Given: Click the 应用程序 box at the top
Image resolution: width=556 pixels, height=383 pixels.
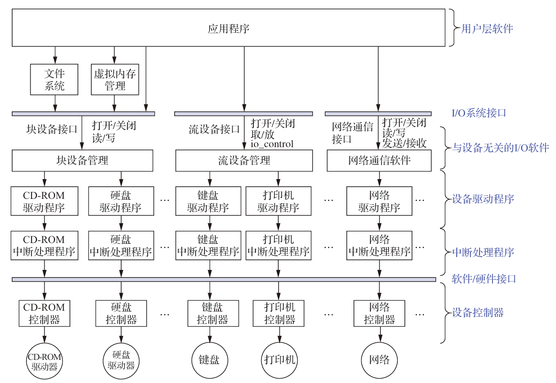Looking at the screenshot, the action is [229, 28].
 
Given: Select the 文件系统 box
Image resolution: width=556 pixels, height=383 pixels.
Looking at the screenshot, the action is [54, 79].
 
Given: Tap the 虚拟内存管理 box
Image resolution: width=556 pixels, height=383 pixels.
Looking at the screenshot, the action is [115, 79].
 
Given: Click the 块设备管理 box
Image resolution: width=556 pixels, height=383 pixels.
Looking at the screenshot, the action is [82, 160].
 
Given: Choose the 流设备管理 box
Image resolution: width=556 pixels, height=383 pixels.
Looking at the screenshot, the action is [244, 160].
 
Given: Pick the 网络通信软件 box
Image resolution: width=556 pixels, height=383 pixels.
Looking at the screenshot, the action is [379, 160].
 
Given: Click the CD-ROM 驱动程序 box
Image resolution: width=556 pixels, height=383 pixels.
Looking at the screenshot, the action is [45, 201].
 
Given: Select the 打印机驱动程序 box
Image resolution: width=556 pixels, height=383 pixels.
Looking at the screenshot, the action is [278, 201].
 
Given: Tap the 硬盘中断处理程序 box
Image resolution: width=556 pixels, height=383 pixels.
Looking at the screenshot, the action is [121, 246].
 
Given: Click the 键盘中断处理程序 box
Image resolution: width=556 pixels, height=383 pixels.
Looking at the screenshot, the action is [208, 246].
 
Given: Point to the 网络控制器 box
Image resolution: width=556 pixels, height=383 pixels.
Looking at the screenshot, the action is [379, 313].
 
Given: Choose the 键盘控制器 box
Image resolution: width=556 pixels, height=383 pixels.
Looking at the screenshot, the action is [213, 313].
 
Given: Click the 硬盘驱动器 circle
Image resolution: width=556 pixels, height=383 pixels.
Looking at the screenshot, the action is [121, 361].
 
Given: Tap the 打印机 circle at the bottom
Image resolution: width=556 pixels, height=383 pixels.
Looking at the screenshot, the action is [279, 360].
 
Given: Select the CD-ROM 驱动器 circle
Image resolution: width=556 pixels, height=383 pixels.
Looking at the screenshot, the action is [45, 361].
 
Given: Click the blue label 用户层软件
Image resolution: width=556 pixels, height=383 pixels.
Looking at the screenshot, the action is [487, 29].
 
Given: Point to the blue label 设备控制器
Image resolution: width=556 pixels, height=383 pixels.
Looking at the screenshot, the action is [478, 312].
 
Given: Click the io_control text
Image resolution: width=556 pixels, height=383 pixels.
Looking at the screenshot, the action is [272, 144].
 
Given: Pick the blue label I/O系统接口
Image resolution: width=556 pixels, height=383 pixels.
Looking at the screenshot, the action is [479, 113].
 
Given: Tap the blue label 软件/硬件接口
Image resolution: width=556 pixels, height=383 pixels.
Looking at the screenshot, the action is [484, 279].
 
